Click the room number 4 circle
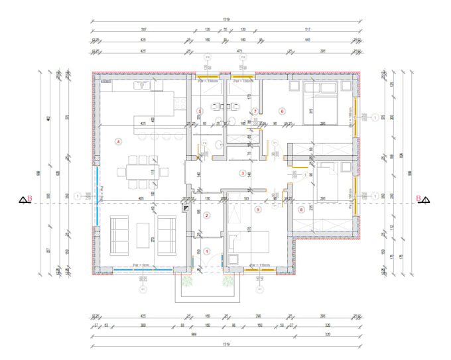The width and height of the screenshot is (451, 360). point(118,141)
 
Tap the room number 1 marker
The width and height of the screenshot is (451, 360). point(207,251)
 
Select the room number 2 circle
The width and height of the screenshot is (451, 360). point(207,215)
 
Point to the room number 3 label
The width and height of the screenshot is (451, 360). point(243,173)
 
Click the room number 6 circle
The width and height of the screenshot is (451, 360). point(282,111)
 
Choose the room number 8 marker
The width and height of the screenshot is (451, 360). point(301,210)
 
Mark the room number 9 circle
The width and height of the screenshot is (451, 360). point(257,210)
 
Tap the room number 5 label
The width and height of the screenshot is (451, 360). point(199,111)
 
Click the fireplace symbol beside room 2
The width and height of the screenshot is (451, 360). point(184,207)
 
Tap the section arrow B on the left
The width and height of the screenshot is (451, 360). point(25,198)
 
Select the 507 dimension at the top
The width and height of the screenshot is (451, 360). point(144,30)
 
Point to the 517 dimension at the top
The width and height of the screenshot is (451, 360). point(308,30)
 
